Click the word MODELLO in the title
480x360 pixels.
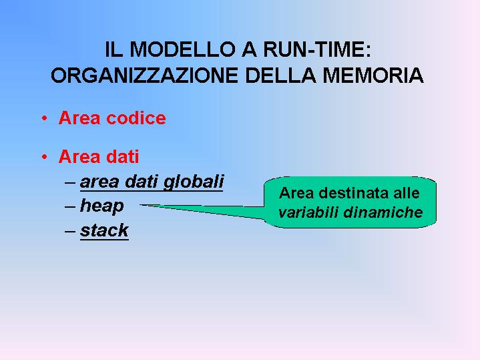point(182,49)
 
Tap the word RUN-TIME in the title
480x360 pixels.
point(317,49)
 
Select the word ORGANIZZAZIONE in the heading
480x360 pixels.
point(144,75)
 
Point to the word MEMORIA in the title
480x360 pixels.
point(373,75)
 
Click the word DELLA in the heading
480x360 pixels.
point(280,75)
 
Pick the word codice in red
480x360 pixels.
point(136,118)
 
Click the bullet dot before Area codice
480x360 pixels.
point(45,118)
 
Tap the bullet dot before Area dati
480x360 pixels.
point(45,157)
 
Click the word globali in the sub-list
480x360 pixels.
point(194,182)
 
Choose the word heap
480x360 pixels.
point(102,206)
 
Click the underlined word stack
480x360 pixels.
point(104,230)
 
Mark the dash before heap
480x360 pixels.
point(70,207)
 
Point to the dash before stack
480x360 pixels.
point(70,231)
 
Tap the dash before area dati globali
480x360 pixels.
point(70,182)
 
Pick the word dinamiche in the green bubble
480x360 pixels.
point(383,212)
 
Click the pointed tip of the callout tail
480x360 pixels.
point(140,205)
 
